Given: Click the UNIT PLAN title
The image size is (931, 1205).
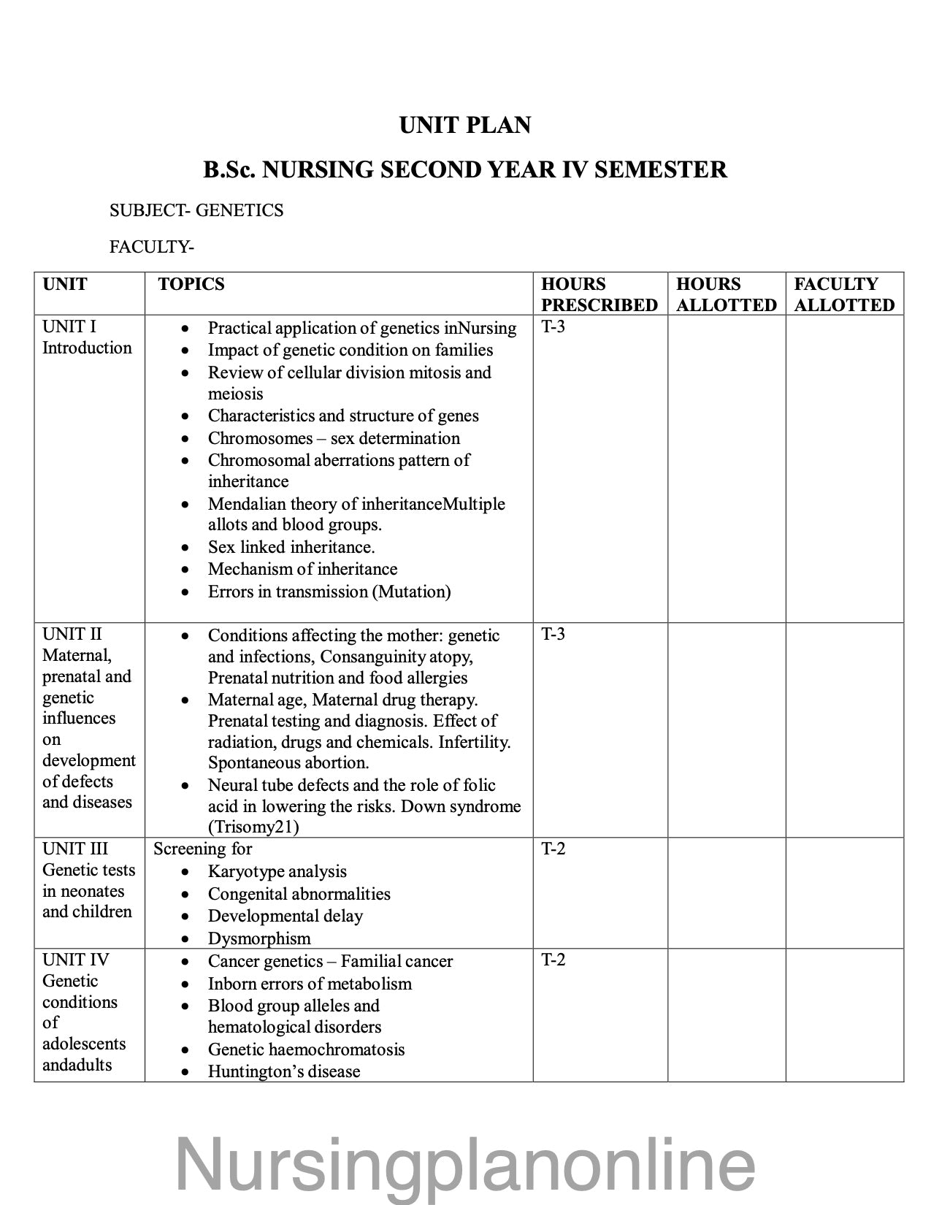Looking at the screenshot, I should click(x=465, y=126).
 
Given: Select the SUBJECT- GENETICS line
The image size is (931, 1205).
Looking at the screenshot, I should click(x=196, y=210).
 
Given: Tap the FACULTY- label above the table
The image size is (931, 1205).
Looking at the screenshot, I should click(x=151, y=247).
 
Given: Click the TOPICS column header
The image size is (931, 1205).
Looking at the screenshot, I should click(x=191, y=284).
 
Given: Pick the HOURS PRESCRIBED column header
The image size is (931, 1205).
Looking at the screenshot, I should click(x=599, y=294).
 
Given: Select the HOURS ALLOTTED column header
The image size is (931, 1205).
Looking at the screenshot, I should click(x=726, y=294).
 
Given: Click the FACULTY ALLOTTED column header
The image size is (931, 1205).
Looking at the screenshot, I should click(x=844, y=294).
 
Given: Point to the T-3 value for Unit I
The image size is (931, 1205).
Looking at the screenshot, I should click(x=553, y=326).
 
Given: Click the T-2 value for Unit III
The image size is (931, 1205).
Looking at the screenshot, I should click(x=553, y=849).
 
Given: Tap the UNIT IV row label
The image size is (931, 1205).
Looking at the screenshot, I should click(x=75, y=960).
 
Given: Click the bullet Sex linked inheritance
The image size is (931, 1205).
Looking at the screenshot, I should click(x=291, y=547).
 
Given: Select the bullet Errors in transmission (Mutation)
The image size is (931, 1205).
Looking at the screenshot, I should click(x=329, y=592).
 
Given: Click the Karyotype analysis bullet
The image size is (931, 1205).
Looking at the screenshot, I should click(x=277, y=871).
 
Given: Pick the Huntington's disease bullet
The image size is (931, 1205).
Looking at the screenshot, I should click(x=284, y=1071).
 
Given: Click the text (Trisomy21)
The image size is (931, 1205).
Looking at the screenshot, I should click(x=253, y=827).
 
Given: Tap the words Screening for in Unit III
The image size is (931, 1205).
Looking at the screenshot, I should click(x=202, y=849).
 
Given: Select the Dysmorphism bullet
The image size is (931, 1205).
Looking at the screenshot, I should click(x=259, y=938).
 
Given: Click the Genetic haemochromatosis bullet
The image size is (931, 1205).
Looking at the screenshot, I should click(x=306, y=1049).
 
